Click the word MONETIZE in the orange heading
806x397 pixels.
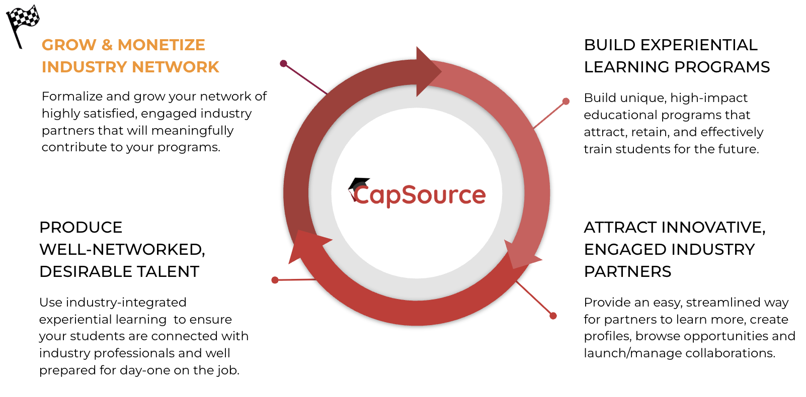(161, 45)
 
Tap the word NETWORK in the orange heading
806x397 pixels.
(176, 67)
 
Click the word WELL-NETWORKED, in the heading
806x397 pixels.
(122, 250)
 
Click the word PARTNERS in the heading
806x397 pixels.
(627, 272)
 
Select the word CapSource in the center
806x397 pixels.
(420, 195)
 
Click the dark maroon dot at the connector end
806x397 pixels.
(284, 63)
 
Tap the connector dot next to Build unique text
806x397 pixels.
(566, 101)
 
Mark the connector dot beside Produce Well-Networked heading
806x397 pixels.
(275, 280)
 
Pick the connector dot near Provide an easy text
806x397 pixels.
(553, 316)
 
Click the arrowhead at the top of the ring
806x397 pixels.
(428, 71)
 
